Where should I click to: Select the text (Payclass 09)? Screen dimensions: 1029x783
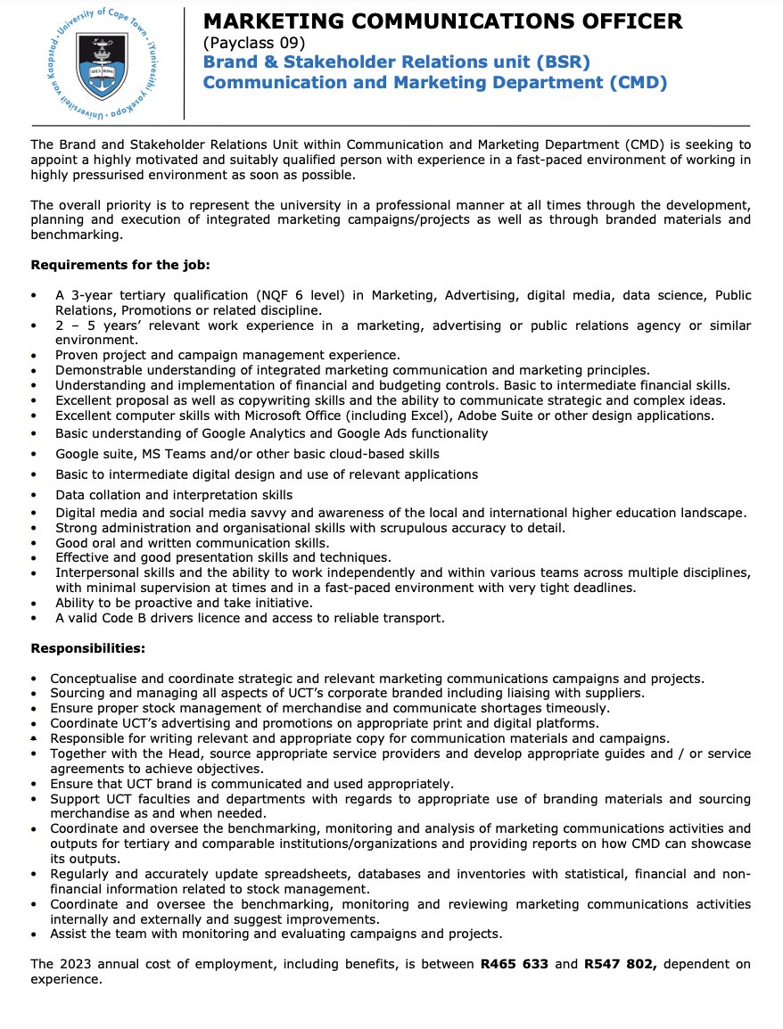253,43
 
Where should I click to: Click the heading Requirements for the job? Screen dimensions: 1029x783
120,265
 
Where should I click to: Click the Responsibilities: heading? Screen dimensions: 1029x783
87,648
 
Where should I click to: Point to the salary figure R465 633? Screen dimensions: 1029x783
514,964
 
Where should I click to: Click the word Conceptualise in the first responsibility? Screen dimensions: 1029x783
92,679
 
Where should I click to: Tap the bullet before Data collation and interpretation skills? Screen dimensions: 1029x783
34,495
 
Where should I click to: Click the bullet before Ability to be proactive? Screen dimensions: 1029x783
34,604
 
